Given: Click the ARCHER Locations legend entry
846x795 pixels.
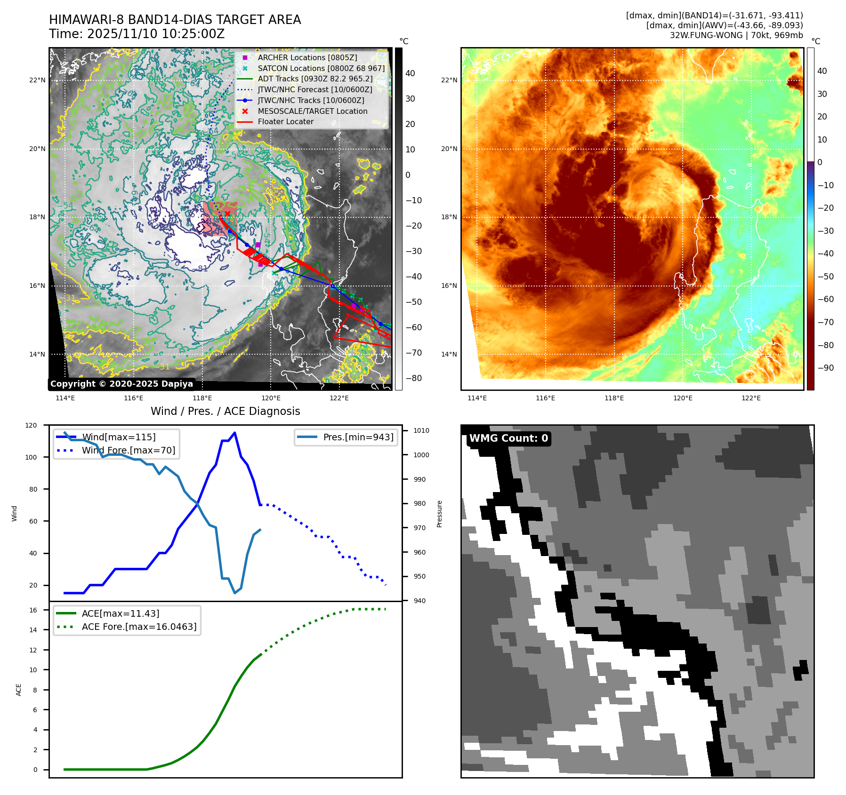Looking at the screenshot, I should coord(307,57).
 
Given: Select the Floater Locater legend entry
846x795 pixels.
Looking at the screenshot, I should coord(285,121).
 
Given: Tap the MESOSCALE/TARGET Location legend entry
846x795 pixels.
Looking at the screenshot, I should coord(312,111).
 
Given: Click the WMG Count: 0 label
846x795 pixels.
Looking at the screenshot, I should coord(508,438).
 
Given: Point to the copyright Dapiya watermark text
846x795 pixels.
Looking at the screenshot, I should coord(121,384).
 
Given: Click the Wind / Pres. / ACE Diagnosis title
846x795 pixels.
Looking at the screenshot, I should coord(225,411).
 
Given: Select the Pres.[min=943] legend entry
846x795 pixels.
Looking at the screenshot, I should coord(358,437).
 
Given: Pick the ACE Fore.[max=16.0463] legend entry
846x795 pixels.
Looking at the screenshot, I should coord(139,627).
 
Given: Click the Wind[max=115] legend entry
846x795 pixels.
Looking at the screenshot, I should coord(119,437).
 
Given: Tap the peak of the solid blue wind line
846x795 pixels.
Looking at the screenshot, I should coord(234,433).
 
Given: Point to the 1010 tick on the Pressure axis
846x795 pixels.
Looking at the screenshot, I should coord(421,430).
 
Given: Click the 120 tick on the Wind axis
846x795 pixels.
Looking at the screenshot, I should coord(31,425).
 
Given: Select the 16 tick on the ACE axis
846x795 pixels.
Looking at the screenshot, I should coord(33,610).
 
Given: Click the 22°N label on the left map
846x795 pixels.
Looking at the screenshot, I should coord(37,80).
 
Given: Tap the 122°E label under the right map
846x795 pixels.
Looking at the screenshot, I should coord(751,398).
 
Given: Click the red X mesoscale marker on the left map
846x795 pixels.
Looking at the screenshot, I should coord(227,214).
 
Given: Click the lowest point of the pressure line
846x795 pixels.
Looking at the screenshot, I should coord(234,593).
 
